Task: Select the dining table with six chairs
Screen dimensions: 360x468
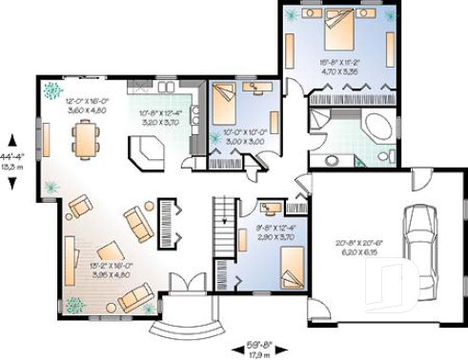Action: pyautogui.click(x=86, y=138)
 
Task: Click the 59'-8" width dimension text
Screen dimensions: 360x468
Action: pyautogui.click(x=254, y=343)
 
